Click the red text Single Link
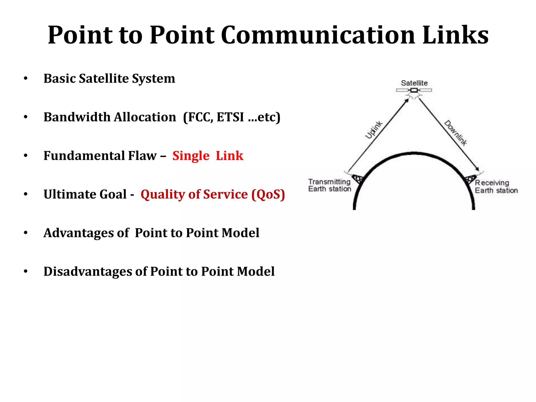click(208, 156)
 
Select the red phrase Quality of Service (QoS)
click(213, 194)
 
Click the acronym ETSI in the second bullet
click(230, 117)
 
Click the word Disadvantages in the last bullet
click(88, 271)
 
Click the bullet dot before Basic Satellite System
click(25, 79)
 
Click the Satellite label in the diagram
click(414, 83)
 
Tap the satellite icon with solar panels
click(414, 90)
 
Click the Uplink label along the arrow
click(374, 130)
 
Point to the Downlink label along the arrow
click(456, 133)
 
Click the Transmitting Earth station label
click(330, 185)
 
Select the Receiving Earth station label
click(496, 187)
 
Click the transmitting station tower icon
click(358, 179)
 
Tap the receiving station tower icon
click(471, 180)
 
